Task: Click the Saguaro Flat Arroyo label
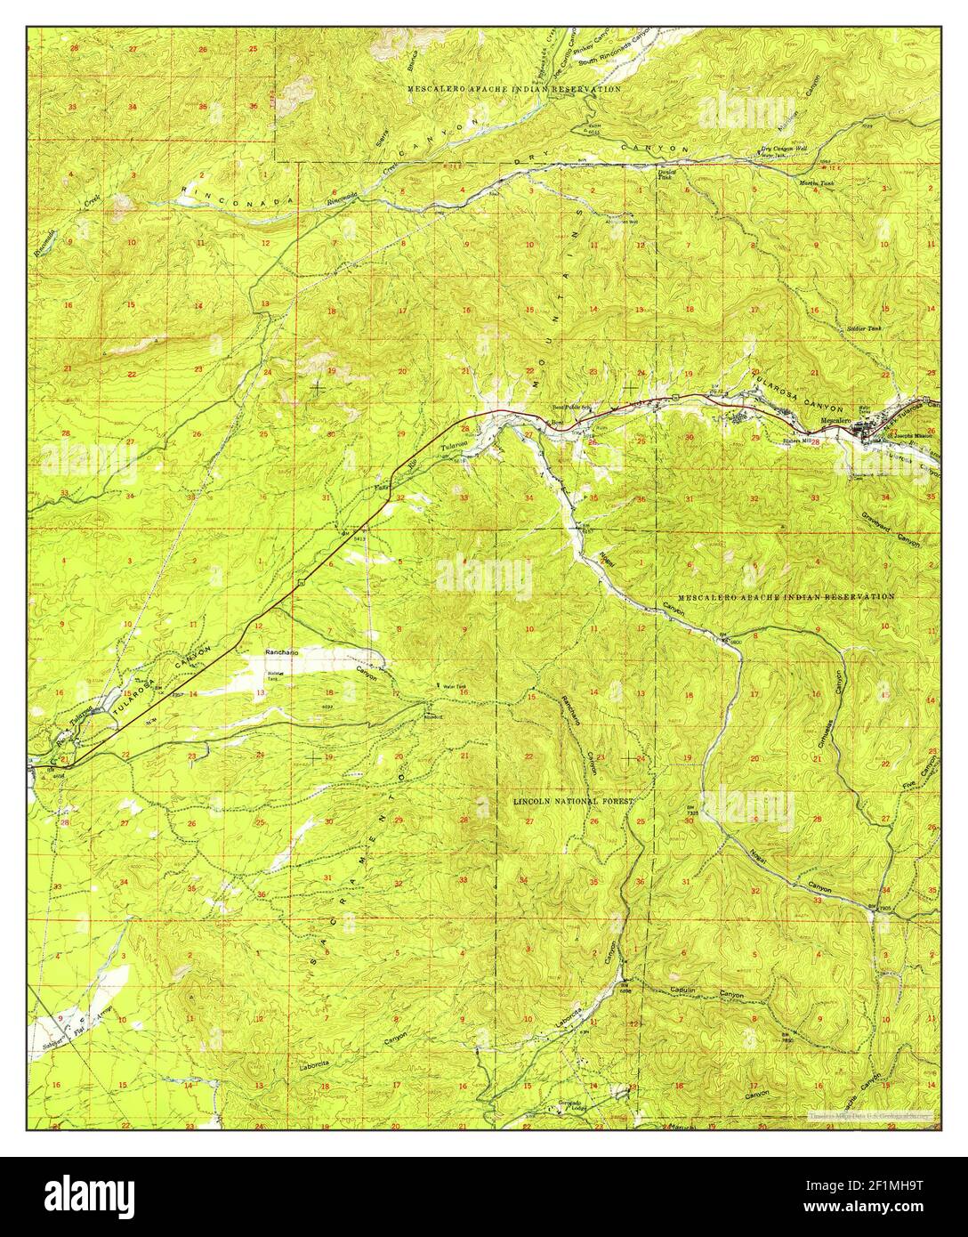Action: pos(75,1023)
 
